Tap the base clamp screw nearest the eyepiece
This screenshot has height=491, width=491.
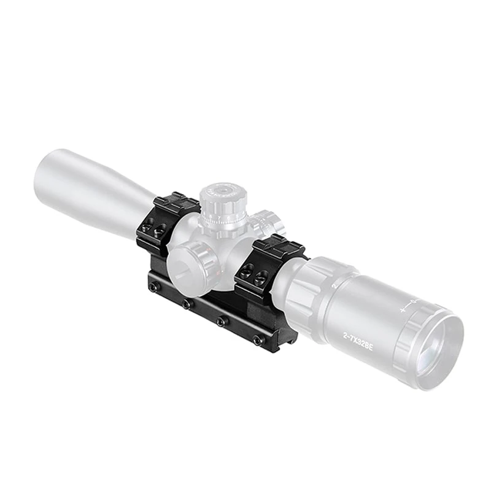coord(257,339)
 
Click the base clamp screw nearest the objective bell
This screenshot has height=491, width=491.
coord(152,287)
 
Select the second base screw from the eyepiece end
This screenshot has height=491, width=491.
coord(222,321)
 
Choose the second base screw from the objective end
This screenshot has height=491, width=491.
coord(186,304)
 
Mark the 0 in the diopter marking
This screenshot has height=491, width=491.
coord(414,301)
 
